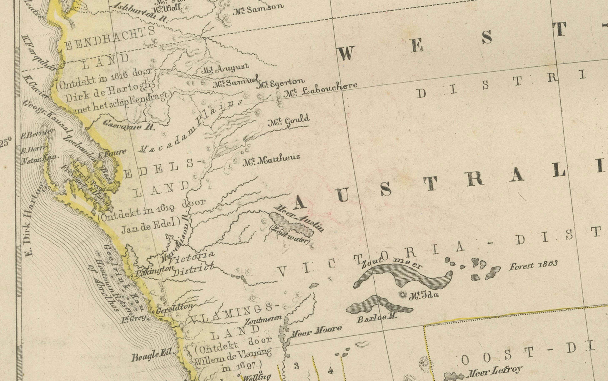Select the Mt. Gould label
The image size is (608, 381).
click(x=289, y=121)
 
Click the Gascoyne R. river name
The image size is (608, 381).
click(x=129, y=125)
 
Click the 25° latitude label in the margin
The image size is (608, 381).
click(x=6, y=143)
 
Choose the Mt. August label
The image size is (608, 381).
click(x=225, y=68)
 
